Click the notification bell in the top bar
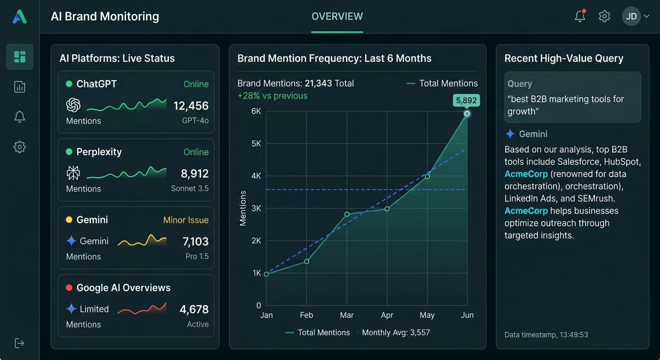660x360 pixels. tap(580, 16)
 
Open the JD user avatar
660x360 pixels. tap(631, 16)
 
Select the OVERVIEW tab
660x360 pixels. tap(337, 16)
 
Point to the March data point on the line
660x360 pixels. tap(347, 214)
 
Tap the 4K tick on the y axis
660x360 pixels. tap(256, 176)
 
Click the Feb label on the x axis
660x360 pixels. tap(307, 315)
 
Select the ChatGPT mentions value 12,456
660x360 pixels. tap(191, 106)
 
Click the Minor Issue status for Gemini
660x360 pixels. tap(186, 220)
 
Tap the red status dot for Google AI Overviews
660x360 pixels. tap(69, 288)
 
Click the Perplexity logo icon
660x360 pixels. tap(73, 173)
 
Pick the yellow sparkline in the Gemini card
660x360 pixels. tap(142, 241)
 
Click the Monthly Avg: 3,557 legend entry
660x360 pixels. tap(396, 332)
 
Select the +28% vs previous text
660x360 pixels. tap(272, 96)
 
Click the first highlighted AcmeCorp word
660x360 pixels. tap(526, 174)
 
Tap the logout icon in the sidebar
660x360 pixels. tap(20, 343)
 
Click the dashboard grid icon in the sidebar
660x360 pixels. tap(20, 57)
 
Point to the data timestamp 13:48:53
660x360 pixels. tap(546, 335)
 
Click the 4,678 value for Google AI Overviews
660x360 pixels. tap(194, 309)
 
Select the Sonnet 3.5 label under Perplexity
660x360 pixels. tap(190, 188)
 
